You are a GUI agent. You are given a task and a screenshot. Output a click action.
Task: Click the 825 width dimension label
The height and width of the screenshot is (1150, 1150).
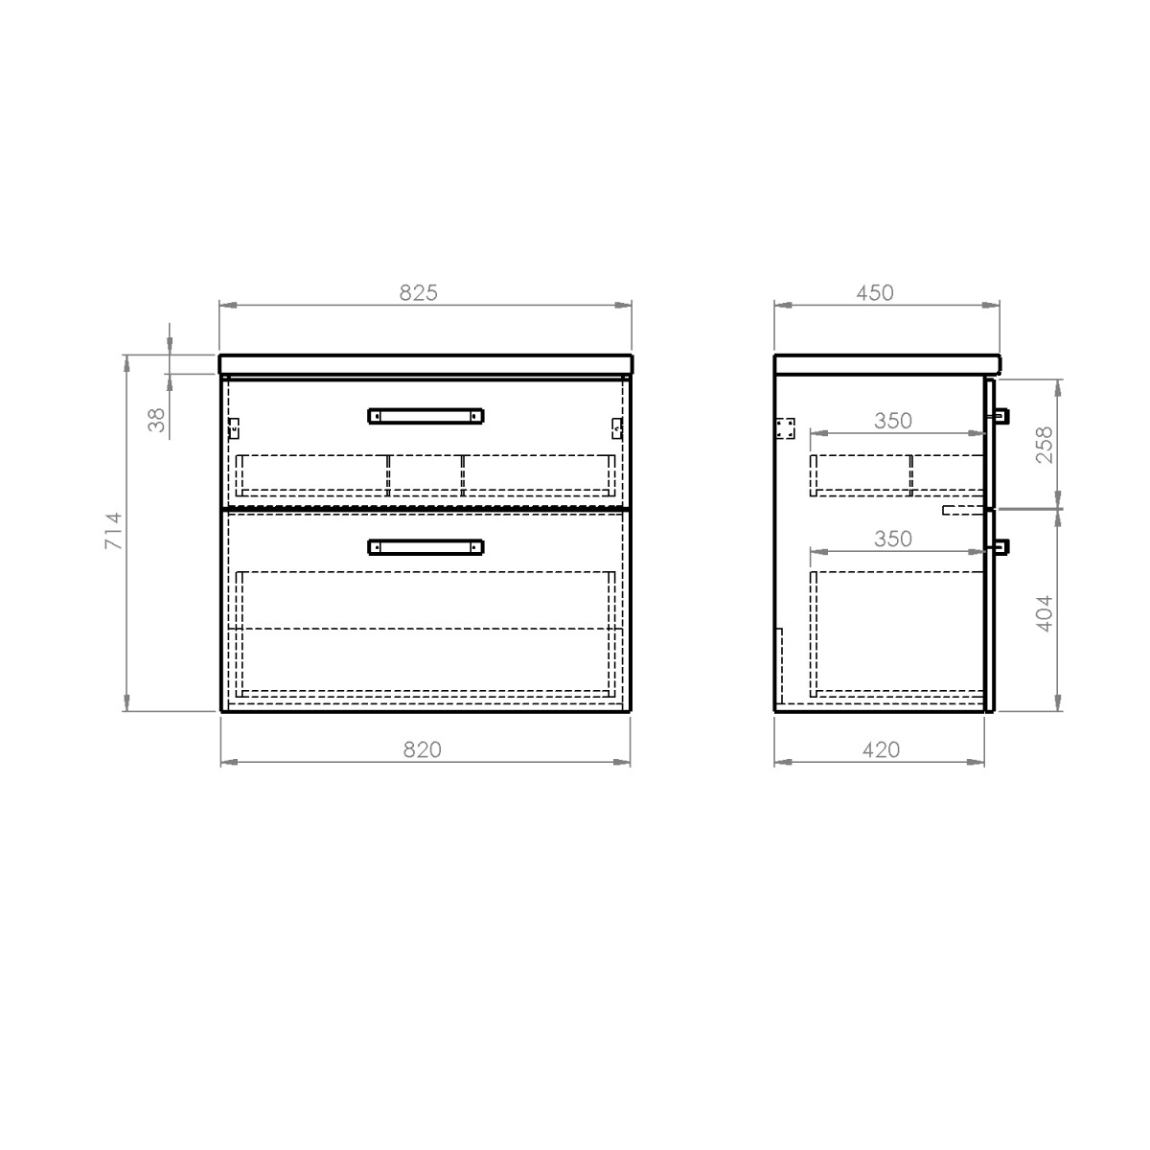(x=418, y=292)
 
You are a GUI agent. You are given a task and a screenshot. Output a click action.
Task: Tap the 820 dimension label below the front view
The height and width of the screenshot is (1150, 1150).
(x=422, y=749)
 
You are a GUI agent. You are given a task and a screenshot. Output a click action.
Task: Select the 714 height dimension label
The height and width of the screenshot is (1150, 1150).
(x=113, y=531)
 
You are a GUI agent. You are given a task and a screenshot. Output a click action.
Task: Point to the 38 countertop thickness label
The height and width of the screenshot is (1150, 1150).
(x=156, y=420)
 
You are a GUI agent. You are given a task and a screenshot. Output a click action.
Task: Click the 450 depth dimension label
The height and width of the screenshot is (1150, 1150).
(x=875, y=292)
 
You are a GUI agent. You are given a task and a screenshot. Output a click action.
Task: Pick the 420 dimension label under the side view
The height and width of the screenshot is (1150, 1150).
(x=881, y=749)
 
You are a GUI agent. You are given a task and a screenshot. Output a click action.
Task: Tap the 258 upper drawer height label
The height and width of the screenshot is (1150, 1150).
(x=1045, y=445)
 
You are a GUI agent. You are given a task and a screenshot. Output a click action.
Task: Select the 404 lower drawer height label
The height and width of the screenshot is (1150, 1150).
(x=1045, y=613)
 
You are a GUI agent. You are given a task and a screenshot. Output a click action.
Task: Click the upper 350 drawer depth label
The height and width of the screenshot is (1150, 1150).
(x=893, y=421)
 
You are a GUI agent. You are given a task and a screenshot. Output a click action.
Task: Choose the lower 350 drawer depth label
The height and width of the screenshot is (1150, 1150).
(x=893, y=539)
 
